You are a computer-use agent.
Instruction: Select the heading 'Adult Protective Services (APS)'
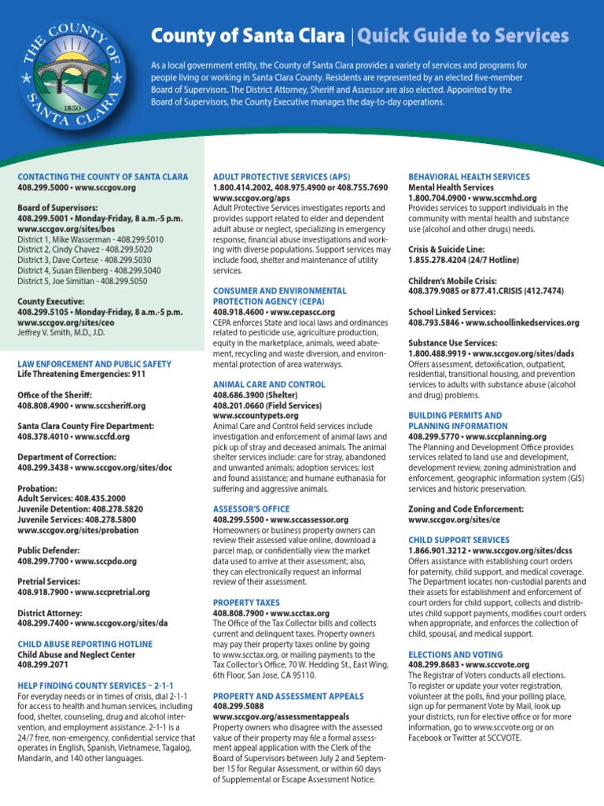(282, 177)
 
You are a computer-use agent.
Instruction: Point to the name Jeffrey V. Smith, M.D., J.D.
(73, 333)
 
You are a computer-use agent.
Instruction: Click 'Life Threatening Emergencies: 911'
(83, 375)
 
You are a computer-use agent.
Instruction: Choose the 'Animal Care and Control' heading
(269, 384)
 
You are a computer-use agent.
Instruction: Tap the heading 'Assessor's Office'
(252, 509)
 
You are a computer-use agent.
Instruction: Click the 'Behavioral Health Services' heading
(469, 177)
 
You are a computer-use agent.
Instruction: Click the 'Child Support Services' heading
(459, 540)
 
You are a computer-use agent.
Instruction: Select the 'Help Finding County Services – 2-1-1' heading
(95, 686)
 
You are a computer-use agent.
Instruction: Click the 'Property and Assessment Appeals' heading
(289, 696)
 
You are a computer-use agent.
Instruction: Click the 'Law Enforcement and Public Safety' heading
(94, 364)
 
